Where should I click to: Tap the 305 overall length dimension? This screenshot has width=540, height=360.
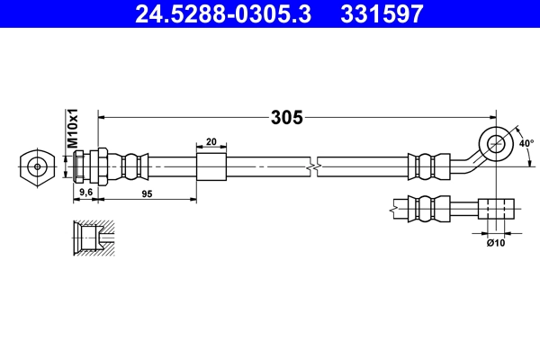pos(286,116)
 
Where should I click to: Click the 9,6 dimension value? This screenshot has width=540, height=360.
pos(86,193)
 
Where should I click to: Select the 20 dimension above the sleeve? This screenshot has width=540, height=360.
pos(211,142)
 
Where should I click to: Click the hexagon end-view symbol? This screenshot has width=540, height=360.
pos(35,167)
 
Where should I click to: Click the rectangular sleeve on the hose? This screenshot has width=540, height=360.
pos(211,167)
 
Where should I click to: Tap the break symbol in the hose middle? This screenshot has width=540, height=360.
pos(311,167)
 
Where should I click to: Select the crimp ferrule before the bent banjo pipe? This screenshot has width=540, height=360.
pos(428,167)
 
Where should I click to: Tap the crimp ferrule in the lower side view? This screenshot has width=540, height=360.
pos(428,209)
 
